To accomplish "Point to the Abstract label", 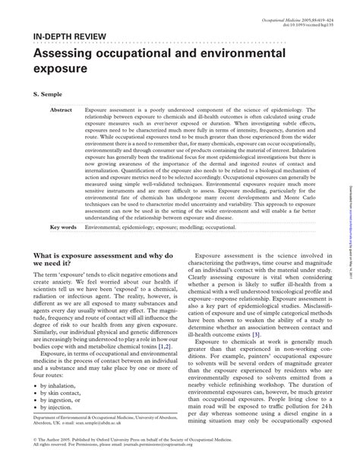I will pyautogui.click(x=61, y=110).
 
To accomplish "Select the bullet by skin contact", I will pyautogui.click(x=62, y=395).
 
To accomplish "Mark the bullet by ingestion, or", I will pyautogui.click(x=62, y=404).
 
